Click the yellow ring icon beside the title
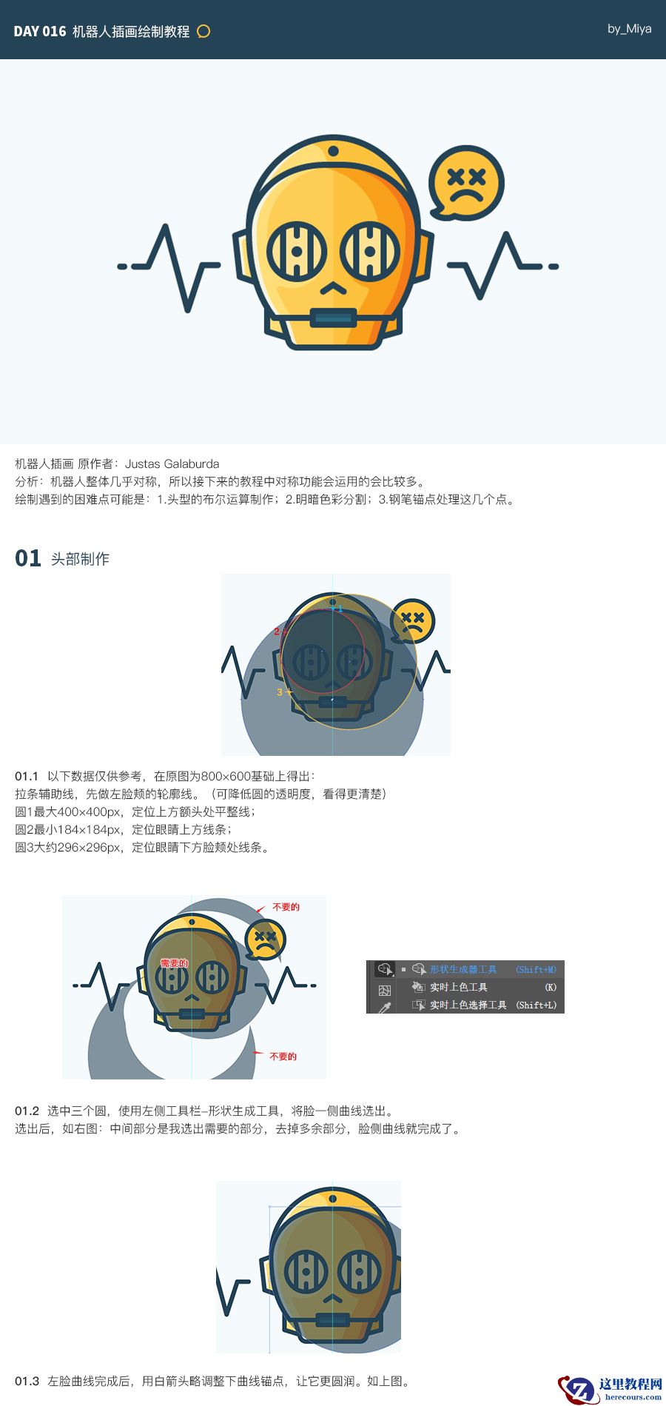[x=203, y=31]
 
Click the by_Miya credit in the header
[x=629, y=29]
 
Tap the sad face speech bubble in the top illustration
[x=466, y=183]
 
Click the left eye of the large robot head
[x=296, y=250]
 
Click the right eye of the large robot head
[x=370, y=250]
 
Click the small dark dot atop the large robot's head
[x=333, y=151]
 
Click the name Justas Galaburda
[x=172, y=464]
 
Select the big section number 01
[x=28, y=558]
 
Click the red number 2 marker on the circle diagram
[x=277, y=632]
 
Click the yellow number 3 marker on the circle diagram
[x=280, y=692]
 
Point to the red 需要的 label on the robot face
[x=175, y=963]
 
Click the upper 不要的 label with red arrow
[x=286, y=907]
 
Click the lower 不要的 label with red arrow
[x=283, y=1057]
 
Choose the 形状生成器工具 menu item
[x=463, y=969]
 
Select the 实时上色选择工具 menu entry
[x=468, y=1005]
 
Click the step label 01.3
[x=27, y=1381]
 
